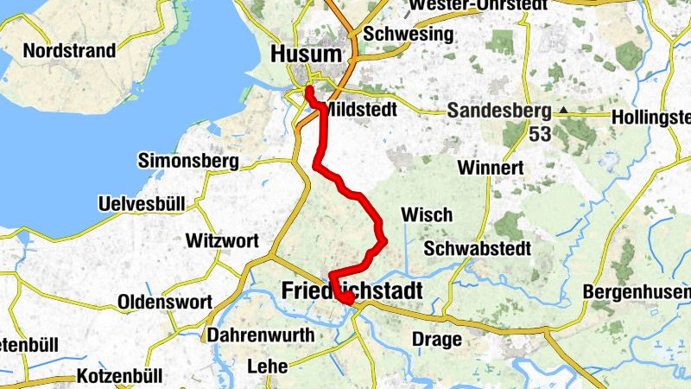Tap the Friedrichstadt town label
pos(352,291)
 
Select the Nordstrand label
pos(69,51)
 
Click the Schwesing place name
pos(409,35)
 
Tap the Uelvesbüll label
pos(143,204)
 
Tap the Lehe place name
pos(267,367)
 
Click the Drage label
pos(437,339)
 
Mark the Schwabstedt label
pos(478,249)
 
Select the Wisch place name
pos(427,214)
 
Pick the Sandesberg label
pos(499,111)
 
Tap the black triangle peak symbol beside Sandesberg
pos(563,111)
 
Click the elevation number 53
pos(540,134)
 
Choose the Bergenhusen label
pos(637,292)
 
